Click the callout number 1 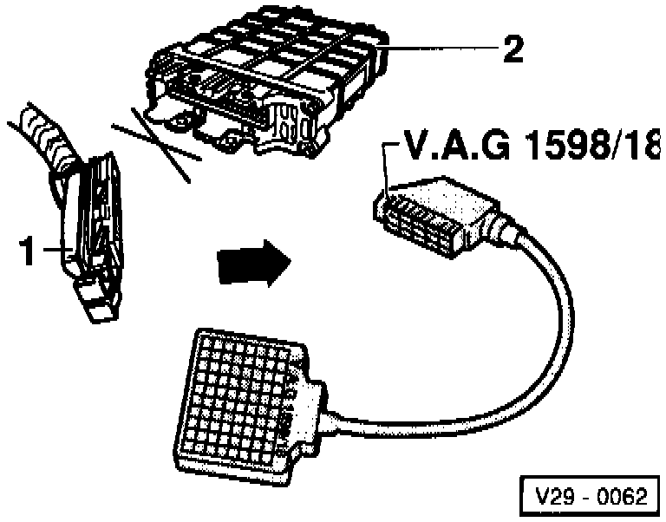[28, 252]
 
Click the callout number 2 [513, 49]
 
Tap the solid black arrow [252, 262]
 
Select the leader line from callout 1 [57, 251]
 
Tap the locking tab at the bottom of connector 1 [97, 299]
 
